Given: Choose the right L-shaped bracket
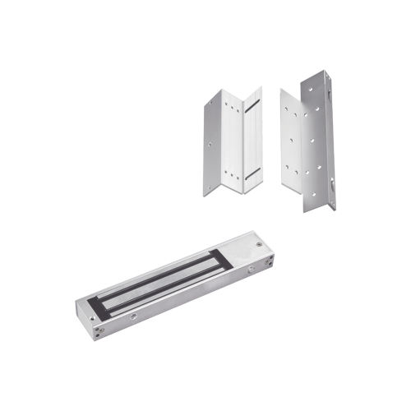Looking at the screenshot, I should tap(308, 144).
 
